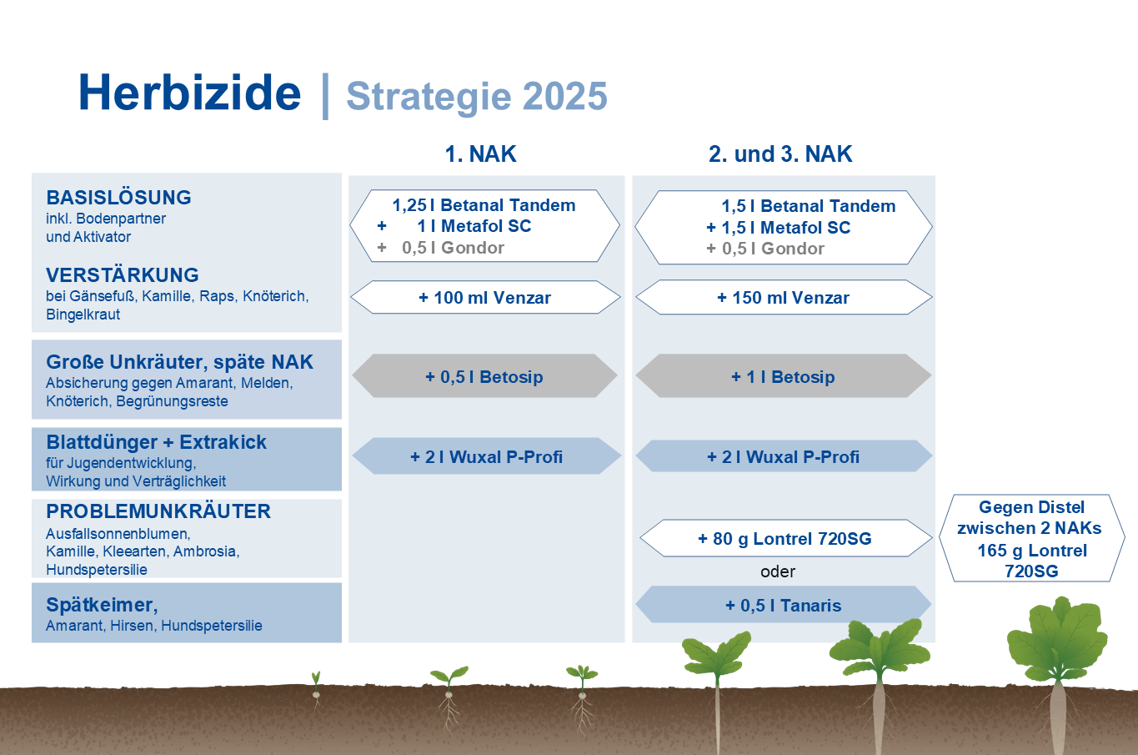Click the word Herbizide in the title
point(190,93)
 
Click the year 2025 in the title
point(564,96)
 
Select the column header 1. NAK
point(480,154)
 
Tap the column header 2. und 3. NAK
point(780,154)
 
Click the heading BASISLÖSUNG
point(119,197)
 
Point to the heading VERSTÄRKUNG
point(123,274)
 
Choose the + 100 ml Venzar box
point(485,297)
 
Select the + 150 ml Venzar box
point(784,297)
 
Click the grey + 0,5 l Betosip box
point(484,375)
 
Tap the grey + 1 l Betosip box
point(784,375)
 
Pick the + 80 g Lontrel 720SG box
point(785,538)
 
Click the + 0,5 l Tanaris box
point(784,605)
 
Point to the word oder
point(778,571)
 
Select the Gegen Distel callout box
point(1032,538)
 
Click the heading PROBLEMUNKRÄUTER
point(158,511)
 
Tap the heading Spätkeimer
point(102,605)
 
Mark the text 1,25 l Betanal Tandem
point(484,205)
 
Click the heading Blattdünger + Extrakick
point(156,442)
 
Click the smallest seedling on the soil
point(316,690)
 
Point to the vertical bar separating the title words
point(325,96)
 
